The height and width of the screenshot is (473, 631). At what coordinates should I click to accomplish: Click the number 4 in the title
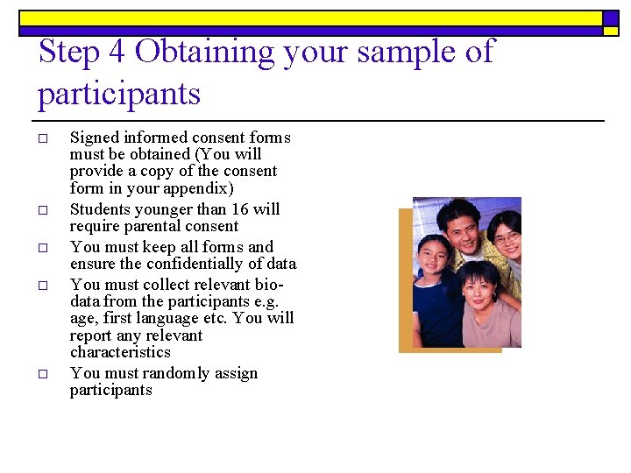pyautogui.click(x=117, y=52)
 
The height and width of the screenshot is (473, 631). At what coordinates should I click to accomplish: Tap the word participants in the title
pyautogui.click(x=119, y=94)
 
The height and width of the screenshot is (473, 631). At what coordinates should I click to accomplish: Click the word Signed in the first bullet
pyautogui.click(x=94, y=138)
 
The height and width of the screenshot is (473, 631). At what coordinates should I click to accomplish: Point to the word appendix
pyautogui.click(x=202, y=188)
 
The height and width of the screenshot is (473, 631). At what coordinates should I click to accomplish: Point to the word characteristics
pyautogui.click(x=120, y=352)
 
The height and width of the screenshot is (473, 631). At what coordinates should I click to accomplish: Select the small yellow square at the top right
pyautogui.click(x=611, y=31)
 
